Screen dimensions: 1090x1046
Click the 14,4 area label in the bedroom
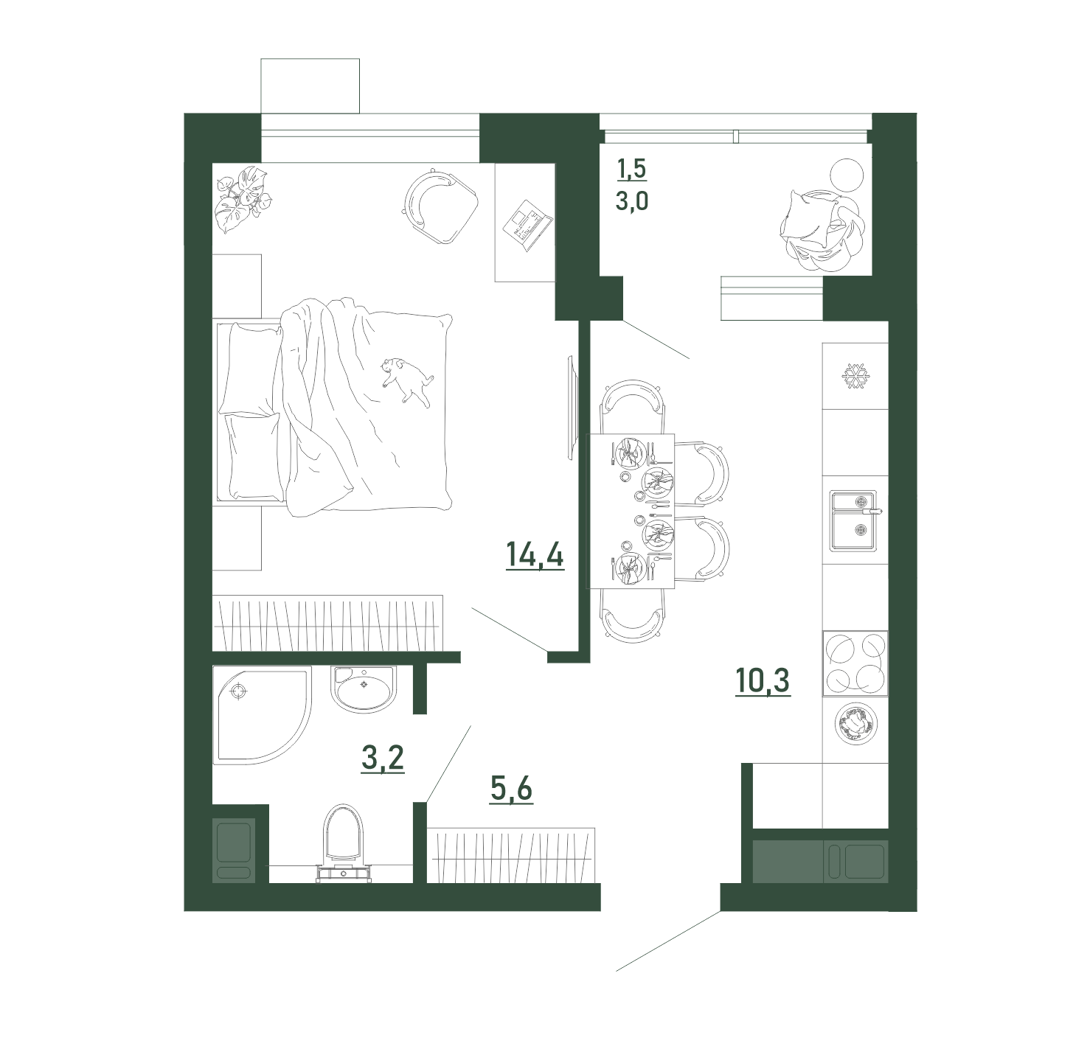(x=535, y=555)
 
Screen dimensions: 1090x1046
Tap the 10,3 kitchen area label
(x=763, y=681)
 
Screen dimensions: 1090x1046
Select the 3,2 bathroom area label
(x=383, y=759)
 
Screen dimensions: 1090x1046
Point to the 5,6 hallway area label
(x=511, y=789)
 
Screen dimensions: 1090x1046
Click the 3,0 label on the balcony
(x=632, y=201)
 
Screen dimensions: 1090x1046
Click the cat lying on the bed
(x=407, y=380)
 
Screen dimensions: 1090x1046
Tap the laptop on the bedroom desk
(x=527, y=224)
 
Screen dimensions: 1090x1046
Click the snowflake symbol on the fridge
(x=855, y=376)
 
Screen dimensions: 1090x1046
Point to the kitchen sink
(x=854, y=520)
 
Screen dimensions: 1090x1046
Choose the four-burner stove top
(x=855, y=663)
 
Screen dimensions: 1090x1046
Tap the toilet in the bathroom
(x=344, y=843)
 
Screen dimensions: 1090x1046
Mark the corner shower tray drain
(x=240, y=692)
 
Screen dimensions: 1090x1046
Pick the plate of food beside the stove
(x=856, y=724)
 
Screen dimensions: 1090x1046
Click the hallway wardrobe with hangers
(x=511, y=856)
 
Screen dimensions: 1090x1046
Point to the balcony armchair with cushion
(x=822, y=230)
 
